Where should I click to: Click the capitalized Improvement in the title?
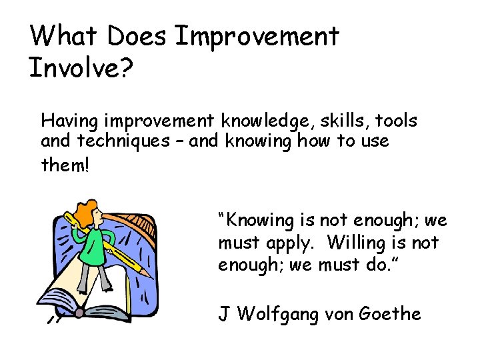(x=257, y=37)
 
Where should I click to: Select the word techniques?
(x=123, y=141)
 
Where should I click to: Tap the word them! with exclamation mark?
(x=64, y=164)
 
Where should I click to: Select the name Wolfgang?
(x=280, y=313)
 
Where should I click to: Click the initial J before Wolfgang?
(x=224, y=313)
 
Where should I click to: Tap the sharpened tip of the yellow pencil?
(x=151, y=276)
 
